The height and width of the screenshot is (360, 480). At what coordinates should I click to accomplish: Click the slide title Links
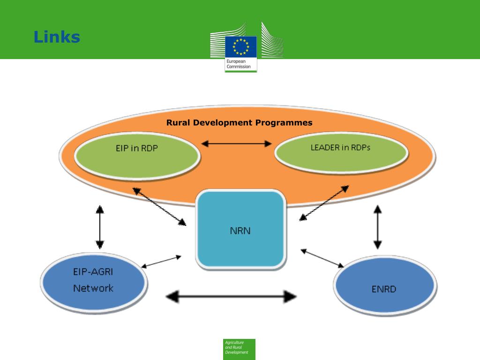(x=57, y=37)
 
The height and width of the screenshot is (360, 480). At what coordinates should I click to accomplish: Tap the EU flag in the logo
(x=241, y=46)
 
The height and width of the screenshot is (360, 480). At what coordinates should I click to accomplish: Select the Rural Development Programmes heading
(x=239, y=123)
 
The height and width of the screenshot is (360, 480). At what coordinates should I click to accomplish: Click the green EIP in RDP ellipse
(x=137, y=156)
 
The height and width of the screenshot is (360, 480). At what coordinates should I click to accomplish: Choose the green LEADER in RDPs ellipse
(x=340, y=154)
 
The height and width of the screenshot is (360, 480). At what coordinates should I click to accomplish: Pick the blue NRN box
(x=240, y=230)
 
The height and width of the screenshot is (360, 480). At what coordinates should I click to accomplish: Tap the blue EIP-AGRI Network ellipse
(x=93, y=280)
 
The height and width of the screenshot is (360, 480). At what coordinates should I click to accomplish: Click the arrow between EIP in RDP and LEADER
(x=237, y=144)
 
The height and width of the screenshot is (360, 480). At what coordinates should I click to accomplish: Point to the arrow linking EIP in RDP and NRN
(x=159, y=206)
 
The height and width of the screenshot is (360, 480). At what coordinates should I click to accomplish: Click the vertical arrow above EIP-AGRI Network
(x=99, y=227)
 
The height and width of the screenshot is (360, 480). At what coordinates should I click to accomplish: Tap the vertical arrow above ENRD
(x=377, y=227)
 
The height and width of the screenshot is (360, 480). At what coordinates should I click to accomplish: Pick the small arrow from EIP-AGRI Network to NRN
(x=161, y=261)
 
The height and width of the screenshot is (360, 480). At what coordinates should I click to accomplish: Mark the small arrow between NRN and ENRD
(x=322, y=258)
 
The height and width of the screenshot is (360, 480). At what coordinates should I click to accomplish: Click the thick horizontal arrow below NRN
(x=232, y=296)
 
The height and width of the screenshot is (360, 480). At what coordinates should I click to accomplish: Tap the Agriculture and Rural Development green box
(x=239, y=349)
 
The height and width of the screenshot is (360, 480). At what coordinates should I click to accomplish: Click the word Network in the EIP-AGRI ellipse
(x=93, y=288)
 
